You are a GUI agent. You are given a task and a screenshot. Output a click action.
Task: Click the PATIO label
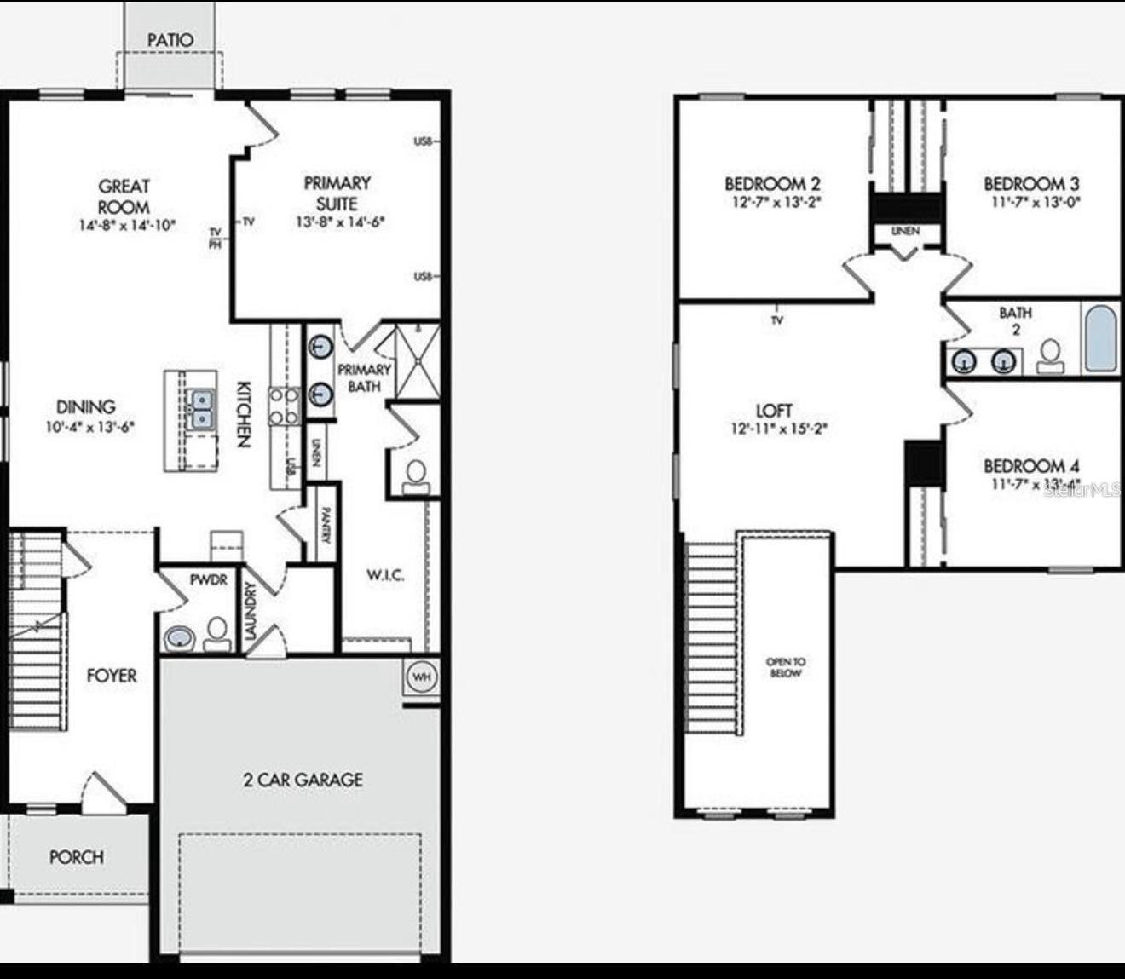pos(170,40)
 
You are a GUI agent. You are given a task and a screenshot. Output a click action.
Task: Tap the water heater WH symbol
pos(422,677)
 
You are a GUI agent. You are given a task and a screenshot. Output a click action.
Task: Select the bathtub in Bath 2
pos(1101,337)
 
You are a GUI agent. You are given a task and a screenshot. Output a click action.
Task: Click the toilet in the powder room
pos(217,631)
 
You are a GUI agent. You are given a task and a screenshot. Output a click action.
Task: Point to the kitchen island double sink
pos(202,409)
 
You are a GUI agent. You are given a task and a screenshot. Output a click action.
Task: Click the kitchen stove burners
pos(285,406)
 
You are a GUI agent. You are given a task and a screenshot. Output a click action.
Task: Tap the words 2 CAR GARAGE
pos(303,780)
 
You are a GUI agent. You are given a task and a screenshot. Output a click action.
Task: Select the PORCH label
pos(76,857)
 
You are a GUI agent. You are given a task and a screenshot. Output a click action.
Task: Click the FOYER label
pos(112,676)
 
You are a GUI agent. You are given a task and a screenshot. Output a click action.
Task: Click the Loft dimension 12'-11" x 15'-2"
pos(779,429)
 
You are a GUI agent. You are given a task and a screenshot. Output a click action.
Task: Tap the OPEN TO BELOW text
pos(786,667)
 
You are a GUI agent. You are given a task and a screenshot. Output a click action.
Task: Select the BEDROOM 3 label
pos(1031,183)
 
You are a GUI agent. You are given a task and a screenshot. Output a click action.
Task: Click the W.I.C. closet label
pos(385,576)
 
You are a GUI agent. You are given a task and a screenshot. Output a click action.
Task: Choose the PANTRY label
pos(326,523)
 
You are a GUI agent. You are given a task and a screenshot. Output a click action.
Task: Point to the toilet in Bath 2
pos(1050,356)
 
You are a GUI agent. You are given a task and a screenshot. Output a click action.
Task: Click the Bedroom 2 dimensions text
pos(772,203)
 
